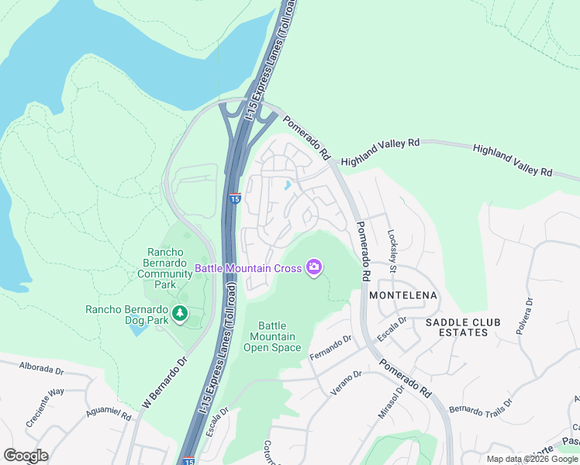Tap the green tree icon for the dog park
coord(180,313)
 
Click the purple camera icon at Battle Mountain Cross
coord(314,268)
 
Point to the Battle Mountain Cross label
coord(248,269)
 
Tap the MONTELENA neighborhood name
coord(403,296)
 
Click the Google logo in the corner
coord(26,456)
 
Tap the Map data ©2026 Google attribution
coord(532,459)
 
